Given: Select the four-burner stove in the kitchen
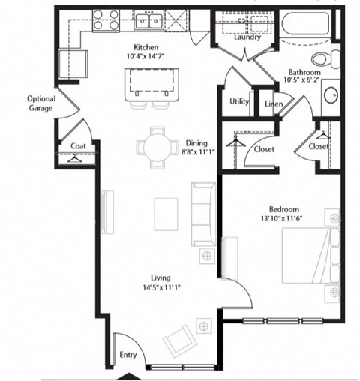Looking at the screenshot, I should point(106,20).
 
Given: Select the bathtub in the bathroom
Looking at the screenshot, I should point(307,27).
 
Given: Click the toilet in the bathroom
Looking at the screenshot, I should point(328,58).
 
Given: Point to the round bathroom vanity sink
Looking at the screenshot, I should point(331,94).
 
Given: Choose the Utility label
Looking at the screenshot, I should point(238,100).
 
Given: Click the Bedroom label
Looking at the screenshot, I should point(284,209).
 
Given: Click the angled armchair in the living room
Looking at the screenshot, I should point(180,340).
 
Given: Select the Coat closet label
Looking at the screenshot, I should point(77,146).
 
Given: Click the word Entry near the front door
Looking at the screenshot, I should point(128,354).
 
